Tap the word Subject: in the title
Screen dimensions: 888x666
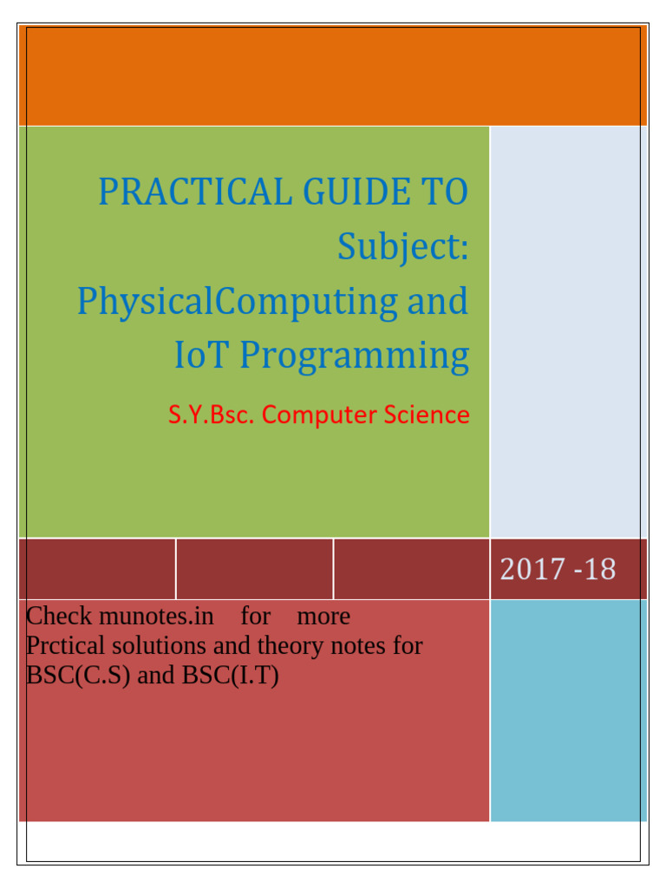coord(403,246)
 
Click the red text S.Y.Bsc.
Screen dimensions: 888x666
coord(211,415)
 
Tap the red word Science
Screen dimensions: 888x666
coord(429,415)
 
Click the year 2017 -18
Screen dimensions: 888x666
coord(558,570)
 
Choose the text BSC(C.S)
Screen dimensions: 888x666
coord(79,676)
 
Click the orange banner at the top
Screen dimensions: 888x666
coord(333,75)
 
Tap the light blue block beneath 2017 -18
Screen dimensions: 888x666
coord(568,710)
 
